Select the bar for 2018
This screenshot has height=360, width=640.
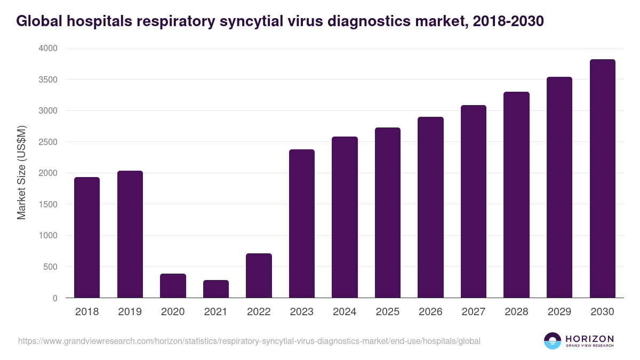(x=87, y=237)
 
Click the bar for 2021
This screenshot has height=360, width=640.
(x=216, y=289)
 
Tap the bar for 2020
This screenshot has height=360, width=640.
(x=173, y=285)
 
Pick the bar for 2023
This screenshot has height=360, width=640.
(x=302, y=223)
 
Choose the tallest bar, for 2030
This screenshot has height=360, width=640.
(x=603, y=179)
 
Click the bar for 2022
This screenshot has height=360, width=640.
(x=259, y=275)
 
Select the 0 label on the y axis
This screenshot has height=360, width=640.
(x=55, y=298)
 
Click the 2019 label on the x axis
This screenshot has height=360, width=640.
(x=130, y=312)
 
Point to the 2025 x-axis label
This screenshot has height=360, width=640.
(x=388, y=312)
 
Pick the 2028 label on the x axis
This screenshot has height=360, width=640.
(x=516, y=312)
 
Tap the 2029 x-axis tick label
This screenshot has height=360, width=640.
(x=559, y=312)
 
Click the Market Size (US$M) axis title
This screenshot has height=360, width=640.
(x=21, y=173)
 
